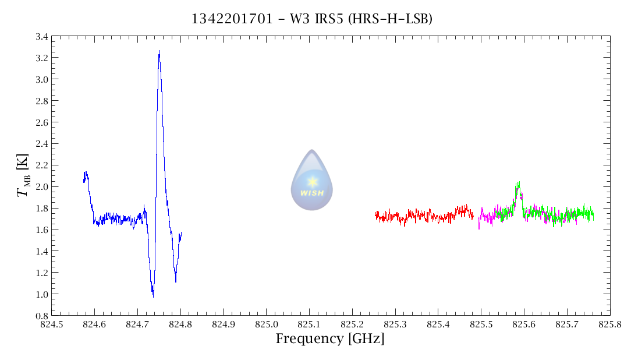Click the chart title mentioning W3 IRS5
[x=312, y=19]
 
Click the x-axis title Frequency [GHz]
[x=330, y=338]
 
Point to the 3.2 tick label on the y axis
[x=41, y=58]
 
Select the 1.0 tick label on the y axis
[x=41, y=294]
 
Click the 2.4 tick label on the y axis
[x=41, y=143]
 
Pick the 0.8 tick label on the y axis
[x=41, y=315]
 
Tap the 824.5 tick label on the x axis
[x=52, y=324]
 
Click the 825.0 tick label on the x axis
[x=267, y=324]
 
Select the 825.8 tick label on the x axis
[x=610, y=324]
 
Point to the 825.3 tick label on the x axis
[x=395, y=324]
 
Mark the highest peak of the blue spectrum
[x=159, y=51]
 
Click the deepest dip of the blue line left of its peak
[x=153, y=296]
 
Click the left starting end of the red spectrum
[x=375, y=216]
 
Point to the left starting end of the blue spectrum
[x=84, y=181]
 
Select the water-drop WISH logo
[x=312, y=180]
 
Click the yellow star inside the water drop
[x=313, y=181]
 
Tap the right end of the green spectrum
[x=593, y=215]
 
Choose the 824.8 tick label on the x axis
[x=180, y=324]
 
